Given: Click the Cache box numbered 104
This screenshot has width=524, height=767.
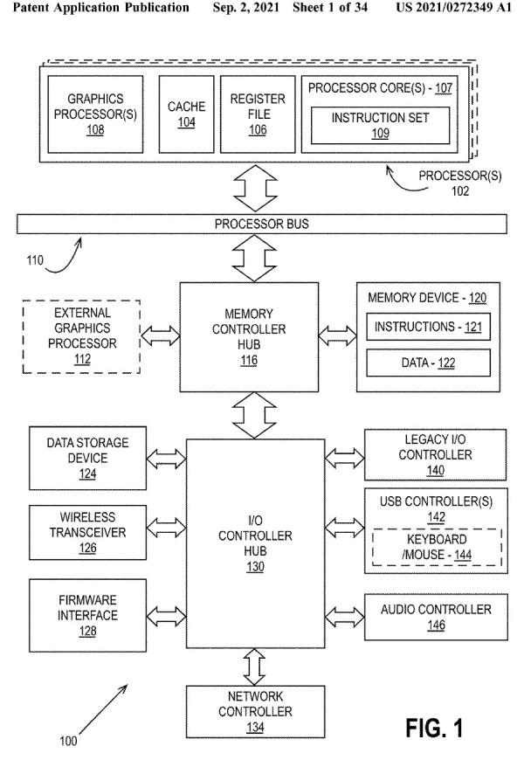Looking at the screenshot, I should point(187,114).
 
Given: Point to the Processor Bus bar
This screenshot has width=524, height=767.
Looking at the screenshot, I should point(262,225).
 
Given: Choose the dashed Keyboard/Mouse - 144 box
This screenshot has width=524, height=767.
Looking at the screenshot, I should point(436,546).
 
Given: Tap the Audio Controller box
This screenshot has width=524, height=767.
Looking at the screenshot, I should point(435,616).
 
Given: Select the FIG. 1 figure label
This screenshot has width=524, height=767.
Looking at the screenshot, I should point(434,727).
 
